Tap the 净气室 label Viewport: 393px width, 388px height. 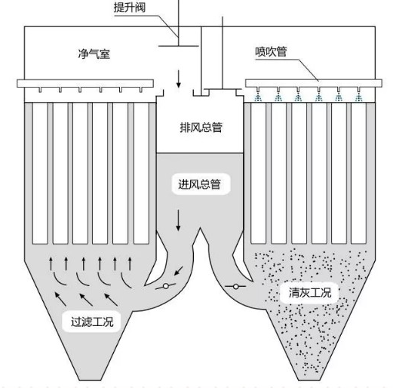tap(94, 54)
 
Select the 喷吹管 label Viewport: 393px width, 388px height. tap(273, 53)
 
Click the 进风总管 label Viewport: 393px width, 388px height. tap(199, 184)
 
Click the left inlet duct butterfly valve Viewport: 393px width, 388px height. tap(167, 288)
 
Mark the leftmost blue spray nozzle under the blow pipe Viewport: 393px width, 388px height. tap(259, 97)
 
